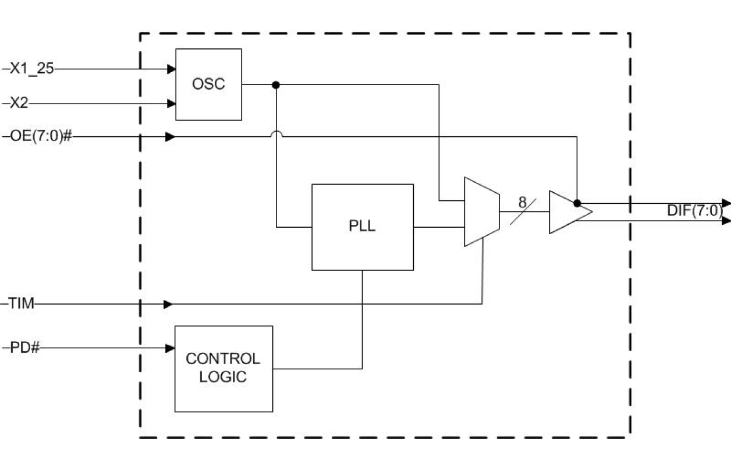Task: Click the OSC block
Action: [208, 84]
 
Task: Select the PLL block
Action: [362, 227]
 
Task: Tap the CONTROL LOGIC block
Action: [223, 368]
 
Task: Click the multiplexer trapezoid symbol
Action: [481, 212]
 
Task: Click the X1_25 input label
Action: [31, 69]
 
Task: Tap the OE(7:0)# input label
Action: [40, 137]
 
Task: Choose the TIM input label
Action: [21, 304]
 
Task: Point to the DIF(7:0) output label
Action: [694, 211]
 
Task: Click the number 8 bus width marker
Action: [522, 202]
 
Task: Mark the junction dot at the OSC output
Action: [276, 85]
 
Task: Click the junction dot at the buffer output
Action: [577, 203]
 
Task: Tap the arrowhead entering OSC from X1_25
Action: [171, 69]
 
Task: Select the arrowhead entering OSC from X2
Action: [171, 104]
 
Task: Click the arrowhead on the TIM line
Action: [168, 304]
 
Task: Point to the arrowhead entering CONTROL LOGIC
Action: [171, 348]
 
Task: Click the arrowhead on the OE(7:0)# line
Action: [169, 137]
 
